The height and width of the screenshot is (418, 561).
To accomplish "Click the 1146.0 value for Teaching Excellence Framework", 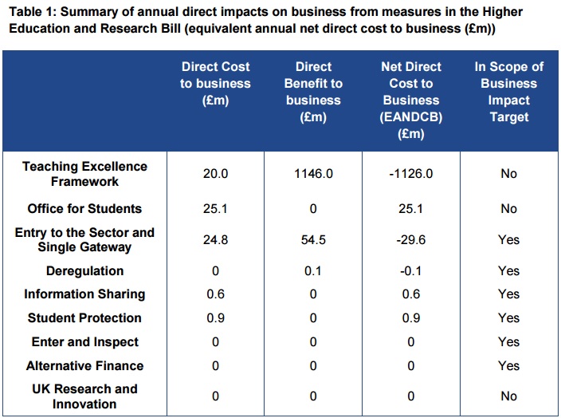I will point(313,174).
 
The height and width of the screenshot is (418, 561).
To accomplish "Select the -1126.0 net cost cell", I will point(410,174).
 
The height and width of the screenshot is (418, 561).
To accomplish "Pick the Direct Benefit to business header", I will point(313,92).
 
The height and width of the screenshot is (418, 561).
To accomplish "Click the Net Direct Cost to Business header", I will point(410,101).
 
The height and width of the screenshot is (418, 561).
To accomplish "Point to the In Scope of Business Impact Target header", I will point(508,92).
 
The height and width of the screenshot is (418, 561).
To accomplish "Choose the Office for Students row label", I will point(84,209).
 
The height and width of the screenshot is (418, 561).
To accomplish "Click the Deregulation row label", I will point(84,271).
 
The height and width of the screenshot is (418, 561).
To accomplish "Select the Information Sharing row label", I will point(84,294).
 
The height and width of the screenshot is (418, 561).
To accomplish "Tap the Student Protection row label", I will point(84,318).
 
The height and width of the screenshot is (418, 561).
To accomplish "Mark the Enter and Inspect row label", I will point(84,342).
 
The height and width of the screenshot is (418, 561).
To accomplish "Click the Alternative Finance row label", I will point(84,366).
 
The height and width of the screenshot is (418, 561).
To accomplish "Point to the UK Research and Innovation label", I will point(84,396).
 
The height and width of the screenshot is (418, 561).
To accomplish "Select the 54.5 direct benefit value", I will point(313,240).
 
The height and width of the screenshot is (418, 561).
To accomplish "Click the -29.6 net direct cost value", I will point(410,240).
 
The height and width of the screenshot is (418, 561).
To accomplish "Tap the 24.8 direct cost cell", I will point(215,240).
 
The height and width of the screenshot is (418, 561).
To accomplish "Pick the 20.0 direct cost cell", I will point(215,174).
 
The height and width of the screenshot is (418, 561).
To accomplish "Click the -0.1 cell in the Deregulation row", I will point(410,271).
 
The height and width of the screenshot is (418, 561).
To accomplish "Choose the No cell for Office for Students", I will point(508,209).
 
